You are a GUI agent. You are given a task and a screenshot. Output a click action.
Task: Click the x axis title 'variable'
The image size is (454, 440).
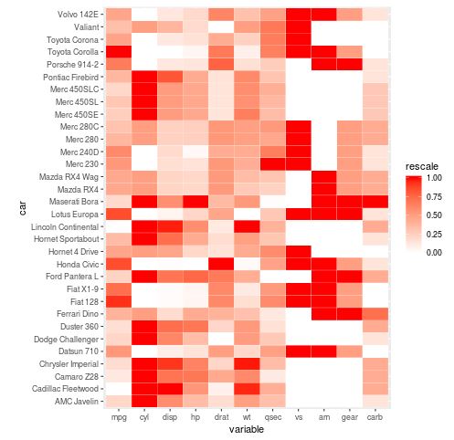(x=247, y=429)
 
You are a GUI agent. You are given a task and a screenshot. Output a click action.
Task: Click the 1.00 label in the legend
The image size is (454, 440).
(x=434, y=180)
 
